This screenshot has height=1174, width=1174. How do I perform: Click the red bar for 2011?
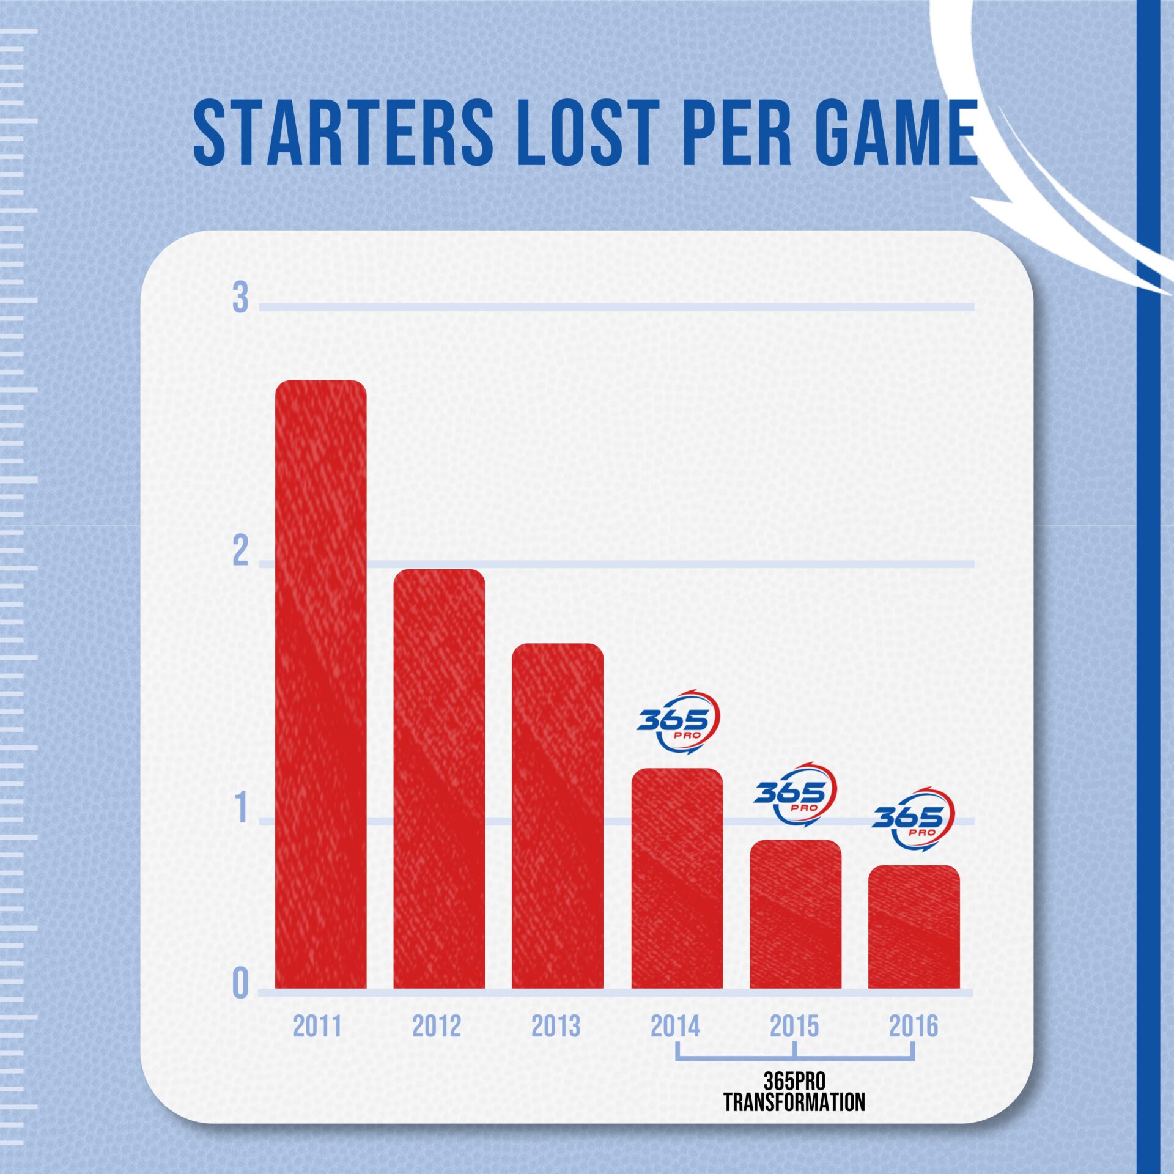(x=320, y=685)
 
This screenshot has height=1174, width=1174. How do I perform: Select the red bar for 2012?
(x=439, y=780)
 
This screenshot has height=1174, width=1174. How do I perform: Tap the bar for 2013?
(x=557, y=816)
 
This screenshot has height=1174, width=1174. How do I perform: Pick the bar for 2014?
(x=677, y=880)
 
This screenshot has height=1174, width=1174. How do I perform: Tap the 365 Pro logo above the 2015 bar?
(x=795, y=794)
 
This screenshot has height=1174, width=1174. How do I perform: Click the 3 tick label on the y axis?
(x=240, y=299)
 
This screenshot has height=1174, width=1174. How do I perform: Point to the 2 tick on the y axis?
(x=240, y=552)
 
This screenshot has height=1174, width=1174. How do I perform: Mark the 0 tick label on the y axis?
(x=241, y=984)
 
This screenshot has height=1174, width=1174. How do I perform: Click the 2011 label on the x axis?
(x=317, y=1027)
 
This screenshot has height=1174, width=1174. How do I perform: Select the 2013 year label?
(x=555, y=1027)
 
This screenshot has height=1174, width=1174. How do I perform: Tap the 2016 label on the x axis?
(x=913, y=1027)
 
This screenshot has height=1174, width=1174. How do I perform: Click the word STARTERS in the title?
(x=343, y=133)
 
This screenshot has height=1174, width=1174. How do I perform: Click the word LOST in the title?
(x=588, y=133)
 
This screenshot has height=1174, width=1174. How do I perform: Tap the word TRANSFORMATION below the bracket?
(x=794, y=1102)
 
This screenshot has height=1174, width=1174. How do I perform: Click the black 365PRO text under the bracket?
(x=794, y=1081)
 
